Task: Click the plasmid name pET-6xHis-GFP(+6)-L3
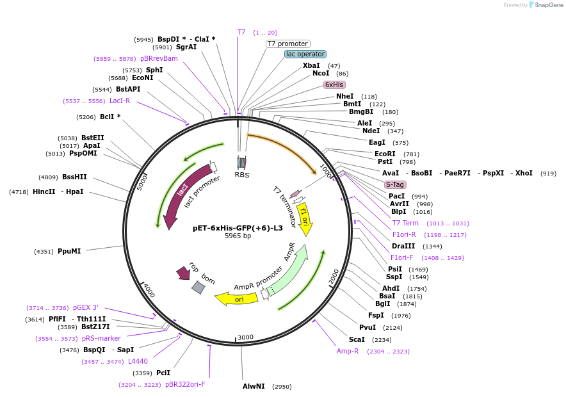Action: [x=238, y=228]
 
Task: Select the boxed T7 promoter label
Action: [x=288, y=44]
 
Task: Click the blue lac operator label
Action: [x=305, y=54]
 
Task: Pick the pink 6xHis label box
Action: [x=334, y=85]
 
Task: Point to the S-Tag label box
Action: [x=395, y=184]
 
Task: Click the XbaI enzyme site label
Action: [x=311, y=65]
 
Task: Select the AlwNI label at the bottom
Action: [x=254, y=386]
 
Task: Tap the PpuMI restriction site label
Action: [x=69, y=252]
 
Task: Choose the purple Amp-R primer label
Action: [x=348, y=351]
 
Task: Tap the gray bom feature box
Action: [x=198, y=288]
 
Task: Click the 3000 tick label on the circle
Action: [x=246, y=337]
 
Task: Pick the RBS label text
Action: [x=242, y=174]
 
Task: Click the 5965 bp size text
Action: [x=238, y=236]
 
